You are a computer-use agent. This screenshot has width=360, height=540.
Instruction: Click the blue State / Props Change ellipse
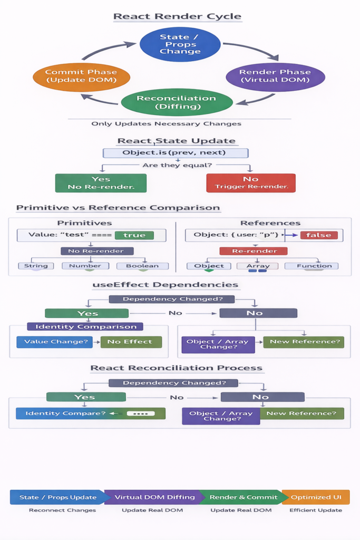180,44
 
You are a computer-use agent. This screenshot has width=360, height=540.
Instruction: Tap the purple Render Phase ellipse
275,76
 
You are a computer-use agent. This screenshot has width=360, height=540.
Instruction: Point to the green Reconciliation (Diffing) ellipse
177,102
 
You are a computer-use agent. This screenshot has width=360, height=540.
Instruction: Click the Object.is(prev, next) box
175,153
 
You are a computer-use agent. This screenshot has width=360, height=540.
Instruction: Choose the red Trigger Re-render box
250,182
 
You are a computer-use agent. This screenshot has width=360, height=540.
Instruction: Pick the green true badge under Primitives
134,235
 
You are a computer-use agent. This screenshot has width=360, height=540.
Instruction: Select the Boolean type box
142,266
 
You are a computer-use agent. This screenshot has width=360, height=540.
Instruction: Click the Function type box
311,266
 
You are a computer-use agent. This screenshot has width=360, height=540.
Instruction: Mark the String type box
36,266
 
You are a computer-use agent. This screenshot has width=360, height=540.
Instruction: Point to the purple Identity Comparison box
85,327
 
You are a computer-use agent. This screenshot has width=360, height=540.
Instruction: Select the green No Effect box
131,342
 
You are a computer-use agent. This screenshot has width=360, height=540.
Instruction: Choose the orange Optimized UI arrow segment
316,497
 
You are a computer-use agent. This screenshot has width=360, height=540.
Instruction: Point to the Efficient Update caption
316,510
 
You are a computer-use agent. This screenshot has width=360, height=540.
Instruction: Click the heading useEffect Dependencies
165,285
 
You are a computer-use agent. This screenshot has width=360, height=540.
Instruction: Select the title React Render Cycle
177,16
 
